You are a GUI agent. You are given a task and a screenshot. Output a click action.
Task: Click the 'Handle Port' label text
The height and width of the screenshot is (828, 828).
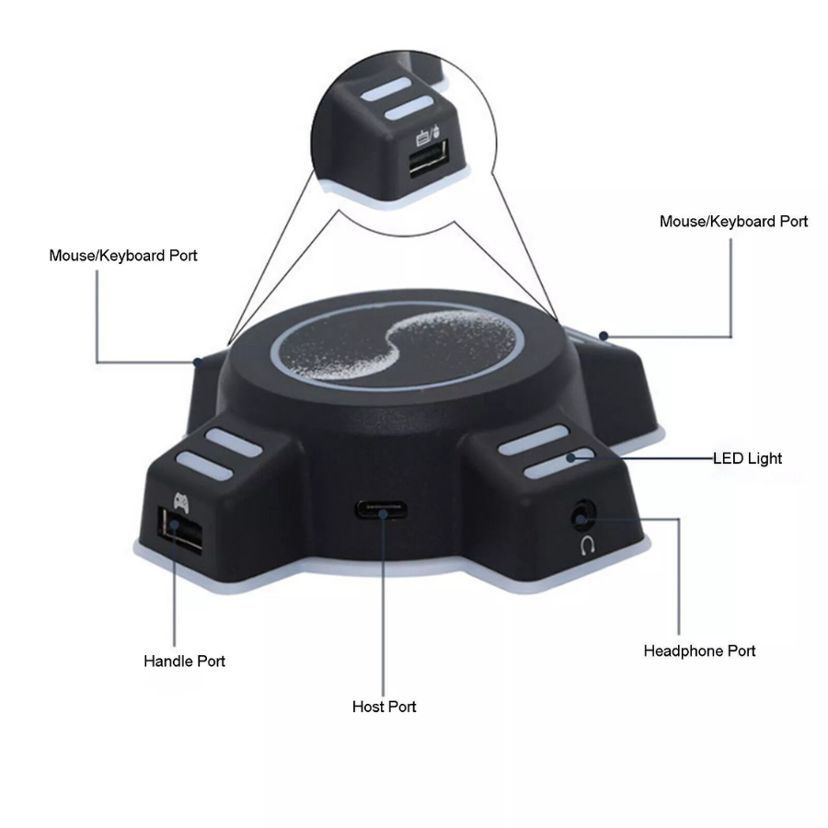pyautogui.click(x=184, y=661)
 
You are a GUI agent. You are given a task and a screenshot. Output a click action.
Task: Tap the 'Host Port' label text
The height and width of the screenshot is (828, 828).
pyautogui.click(x=384, y=707)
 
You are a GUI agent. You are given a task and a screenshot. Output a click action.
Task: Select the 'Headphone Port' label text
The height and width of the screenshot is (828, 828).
pyautogui.click(x=699, y=651)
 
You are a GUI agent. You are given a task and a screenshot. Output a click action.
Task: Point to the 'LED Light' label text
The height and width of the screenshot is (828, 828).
pyautogui.click(x=747, y=458)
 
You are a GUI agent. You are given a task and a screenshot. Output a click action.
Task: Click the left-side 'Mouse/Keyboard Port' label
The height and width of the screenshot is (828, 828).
pyautogui.click(x=123, y=256)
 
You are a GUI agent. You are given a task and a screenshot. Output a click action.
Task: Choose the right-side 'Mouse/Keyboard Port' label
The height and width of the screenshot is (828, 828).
pyautogui.click(x=733, y=221)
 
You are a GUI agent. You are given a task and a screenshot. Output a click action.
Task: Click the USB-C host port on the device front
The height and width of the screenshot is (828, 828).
pyautogui.click(x=380, y=511)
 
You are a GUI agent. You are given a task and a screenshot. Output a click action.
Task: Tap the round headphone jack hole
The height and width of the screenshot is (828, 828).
pyautogui.click(x=583, y=515)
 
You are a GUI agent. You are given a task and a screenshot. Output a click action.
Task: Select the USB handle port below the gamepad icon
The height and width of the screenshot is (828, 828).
pyautogui.click(x=180, y=529)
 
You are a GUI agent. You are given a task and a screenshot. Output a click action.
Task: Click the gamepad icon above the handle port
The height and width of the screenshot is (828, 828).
pyautogui.click(x=181, y=502)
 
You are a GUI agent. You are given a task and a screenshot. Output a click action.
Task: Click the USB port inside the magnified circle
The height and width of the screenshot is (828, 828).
pyautogui.click(x=428, y=158)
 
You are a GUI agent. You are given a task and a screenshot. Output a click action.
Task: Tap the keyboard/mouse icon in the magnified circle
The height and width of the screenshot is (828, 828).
pyautogui.click(x=428, y=135)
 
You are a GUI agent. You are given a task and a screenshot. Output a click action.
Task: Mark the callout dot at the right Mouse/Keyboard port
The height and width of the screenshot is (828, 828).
pyautogui.click(x=604, y=335)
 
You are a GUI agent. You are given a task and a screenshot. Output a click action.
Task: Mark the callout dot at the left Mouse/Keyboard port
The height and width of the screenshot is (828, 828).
pyautogui.click(x=198, y=362)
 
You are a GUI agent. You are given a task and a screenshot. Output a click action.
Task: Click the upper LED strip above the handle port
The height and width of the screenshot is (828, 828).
pyautogui.click(x=234, y=442)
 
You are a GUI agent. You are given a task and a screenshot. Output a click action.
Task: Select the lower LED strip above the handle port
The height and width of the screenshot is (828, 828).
pyautogui.click(x=204, y=465)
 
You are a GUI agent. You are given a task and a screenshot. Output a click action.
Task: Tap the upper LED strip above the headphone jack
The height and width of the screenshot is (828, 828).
pyautogui.click(x=534, y=440)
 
